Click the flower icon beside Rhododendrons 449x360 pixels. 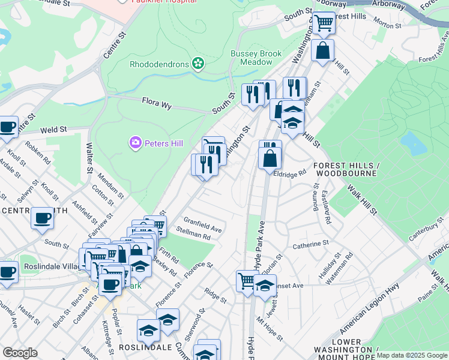197,64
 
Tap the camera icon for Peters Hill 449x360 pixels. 135,143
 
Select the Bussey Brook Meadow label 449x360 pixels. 256,58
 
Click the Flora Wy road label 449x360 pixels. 157,104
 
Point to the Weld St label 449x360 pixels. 53,130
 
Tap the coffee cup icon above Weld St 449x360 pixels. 8,127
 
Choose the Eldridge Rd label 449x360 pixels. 290,172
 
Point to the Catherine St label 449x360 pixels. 310,244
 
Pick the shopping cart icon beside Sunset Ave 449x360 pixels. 246,280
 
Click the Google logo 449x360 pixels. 20,353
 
